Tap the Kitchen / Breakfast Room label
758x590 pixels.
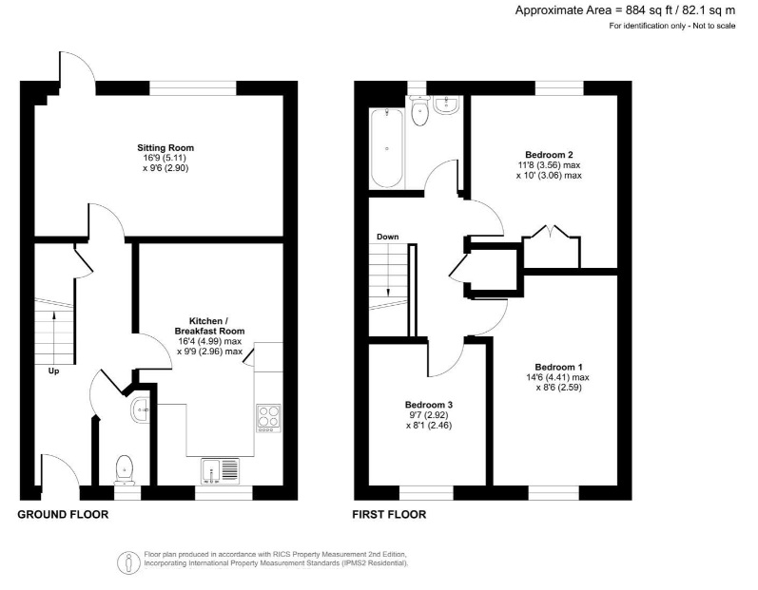tap(209, 325)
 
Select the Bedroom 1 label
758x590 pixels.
tap(558, 368)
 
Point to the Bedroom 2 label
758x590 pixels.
tap(549, 154)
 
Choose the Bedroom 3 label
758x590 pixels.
tap(428, 405)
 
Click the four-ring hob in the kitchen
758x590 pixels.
tap(268, 416)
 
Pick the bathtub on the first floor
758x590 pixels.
tap(386, 148)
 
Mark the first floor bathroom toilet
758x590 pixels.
tap(419, 111)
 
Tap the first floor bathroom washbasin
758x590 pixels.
tap(447, 105)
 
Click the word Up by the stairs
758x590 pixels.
tap(53, 371)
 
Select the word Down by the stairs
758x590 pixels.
tap(387, 237)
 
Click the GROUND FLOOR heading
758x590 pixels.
tap(64, 515)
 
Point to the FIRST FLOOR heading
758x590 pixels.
tap(389, 515)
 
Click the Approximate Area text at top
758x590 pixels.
tap(625, 10)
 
